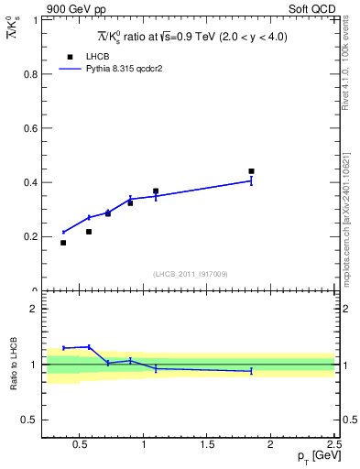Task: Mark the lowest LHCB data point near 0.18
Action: click(63, 243)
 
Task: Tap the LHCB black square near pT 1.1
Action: click(156, 191)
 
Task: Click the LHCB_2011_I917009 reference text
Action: click(190, 274)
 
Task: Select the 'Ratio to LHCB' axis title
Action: click(14, 365)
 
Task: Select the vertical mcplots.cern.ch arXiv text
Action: click(351, 211)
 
